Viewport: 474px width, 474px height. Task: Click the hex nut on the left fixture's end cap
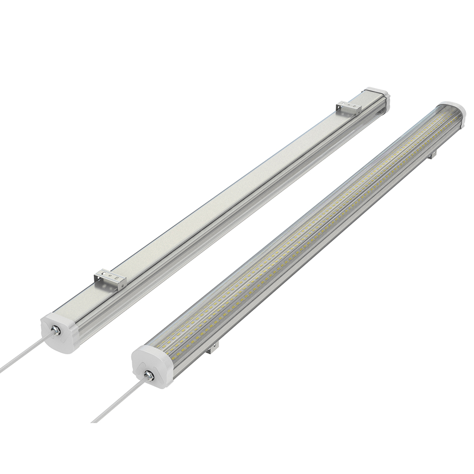[54, 330]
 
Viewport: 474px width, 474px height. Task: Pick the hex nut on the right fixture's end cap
[148, 374]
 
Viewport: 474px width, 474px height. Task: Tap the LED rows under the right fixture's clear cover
[299, 235]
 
